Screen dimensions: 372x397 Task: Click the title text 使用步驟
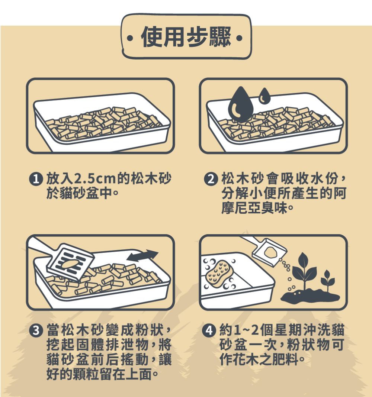pos(186,37)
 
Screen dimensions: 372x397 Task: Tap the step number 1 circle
pos(36,179)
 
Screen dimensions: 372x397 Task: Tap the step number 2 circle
pos(211,179)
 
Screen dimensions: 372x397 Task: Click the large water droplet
pos(240,104)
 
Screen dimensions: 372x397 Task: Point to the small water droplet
pos(264,96)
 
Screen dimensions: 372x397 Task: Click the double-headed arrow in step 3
pos(142,256)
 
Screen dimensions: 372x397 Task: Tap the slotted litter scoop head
pos(71,262)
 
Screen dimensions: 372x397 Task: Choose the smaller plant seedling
pos(327,281)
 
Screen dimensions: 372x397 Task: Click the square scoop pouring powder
pos(269,252)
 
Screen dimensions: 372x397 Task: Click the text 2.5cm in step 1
pos(94,179)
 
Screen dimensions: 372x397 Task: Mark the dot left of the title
pos(130,39)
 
